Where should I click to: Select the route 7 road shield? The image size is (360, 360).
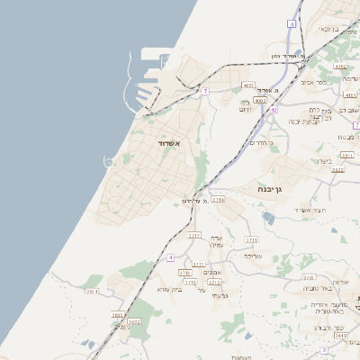tap(206, 92)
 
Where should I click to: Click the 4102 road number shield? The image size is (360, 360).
tap(339, 67)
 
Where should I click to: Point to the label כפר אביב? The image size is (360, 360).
tap(327, 81)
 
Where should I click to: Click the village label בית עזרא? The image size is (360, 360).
tap(169, 289)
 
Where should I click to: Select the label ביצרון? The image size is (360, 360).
tap(324, 161)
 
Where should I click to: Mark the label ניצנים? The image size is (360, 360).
tap(121, 327)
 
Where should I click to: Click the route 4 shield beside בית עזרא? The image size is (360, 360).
tap(170, 258)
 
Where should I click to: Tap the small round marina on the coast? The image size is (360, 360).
tap(109, 162)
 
